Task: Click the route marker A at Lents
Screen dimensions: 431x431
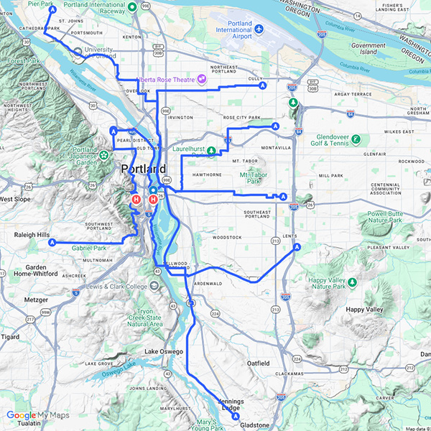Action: (x=297, y=247)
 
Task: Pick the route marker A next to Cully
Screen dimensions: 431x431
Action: (x=263, y=85)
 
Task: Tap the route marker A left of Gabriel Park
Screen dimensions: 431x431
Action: (x=52, y=243)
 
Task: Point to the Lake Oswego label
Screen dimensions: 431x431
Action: (x=164, y=351)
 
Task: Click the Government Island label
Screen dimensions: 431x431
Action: (x=369, y=48)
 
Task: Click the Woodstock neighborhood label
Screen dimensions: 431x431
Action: (x=228, y=236)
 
